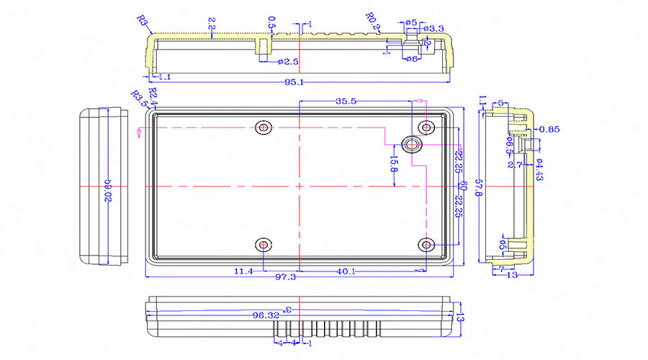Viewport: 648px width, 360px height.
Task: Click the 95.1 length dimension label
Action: click(294, 82)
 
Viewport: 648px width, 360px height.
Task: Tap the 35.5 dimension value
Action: click(346, 102)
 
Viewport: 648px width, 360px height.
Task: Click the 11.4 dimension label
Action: click(244, 271)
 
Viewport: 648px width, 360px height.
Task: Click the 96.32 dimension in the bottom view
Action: click(264, 315)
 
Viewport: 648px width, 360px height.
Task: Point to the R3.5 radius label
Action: click(138, 99)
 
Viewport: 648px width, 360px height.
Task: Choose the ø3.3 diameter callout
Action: click(433, 28)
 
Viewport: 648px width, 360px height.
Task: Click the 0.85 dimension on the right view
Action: click(549, 130)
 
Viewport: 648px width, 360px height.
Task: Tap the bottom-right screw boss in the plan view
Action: click(428, 246)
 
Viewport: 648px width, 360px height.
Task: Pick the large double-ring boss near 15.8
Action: click(413, 144)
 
